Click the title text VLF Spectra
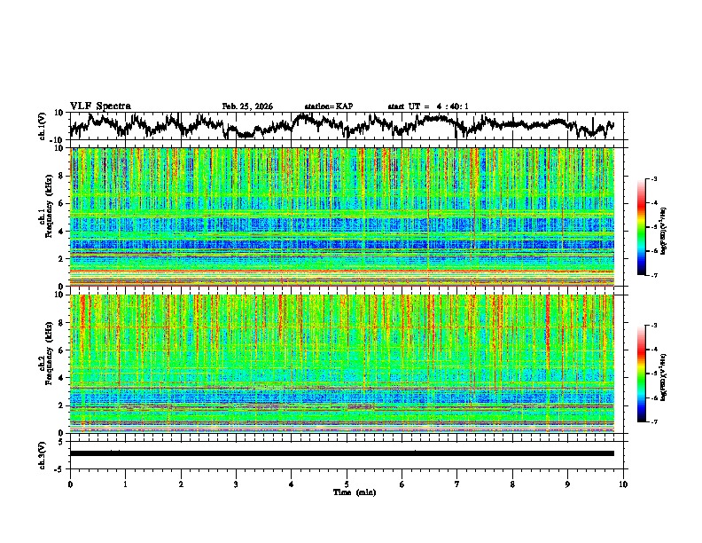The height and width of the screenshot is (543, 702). [100, 106]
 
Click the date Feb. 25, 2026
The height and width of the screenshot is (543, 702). [247, 106]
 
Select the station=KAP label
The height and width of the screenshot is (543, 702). [328, 106]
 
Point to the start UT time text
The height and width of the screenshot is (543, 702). [428, 106]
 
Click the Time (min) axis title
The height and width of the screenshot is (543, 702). [347, 492]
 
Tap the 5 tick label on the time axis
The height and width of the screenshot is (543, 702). [347, 484]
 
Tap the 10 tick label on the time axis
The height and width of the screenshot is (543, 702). [623, 484]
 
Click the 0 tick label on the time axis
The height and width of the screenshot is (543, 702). [70, 484]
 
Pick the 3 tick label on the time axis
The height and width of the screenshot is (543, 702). [236, 484]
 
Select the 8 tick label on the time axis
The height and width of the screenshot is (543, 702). [512, 484]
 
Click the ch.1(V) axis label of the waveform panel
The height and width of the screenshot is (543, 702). [42, 127]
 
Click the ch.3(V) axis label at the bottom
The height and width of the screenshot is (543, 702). [42, 453]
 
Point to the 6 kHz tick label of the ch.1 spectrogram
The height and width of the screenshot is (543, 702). [62, 203]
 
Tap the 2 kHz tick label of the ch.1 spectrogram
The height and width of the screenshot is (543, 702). [62, 258]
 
